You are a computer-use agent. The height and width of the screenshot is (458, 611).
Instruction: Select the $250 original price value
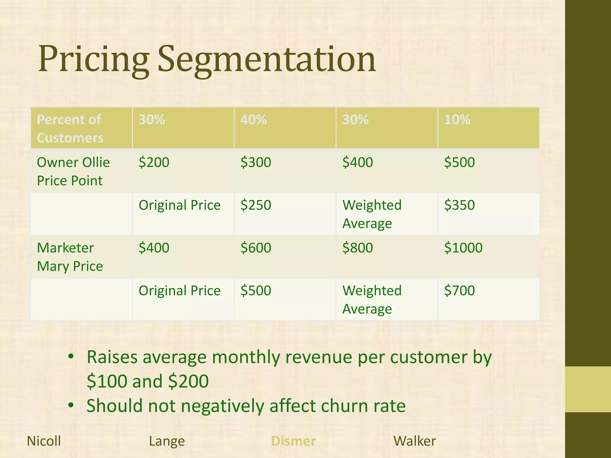click(256, 205)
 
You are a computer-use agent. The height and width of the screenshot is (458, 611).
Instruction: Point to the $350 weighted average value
click(459, 205)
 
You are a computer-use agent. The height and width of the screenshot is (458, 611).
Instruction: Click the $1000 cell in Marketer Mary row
click(463, 248)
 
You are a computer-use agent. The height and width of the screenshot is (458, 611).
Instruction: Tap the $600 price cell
click(256, 248)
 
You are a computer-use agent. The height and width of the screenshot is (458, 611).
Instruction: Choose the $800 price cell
click(357, 248)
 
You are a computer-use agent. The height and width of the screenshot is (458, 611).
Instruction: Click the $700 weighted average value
click(459, 290)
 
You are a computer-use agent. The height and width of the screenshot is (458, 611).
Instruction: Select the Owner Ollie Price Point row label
click(73, 171)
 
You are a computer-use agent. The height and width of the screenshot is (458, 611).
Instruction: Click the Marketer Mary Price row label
click(70, 257)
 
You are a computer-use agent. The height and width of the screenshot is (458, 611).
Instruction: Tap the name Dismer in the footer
click(293, 441)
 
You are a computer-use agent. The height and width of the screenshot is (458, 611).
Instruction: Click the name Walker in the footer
click(415, 441)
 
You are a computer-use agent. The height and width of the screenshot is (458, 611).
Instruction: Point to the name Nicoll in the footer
click(44, 441)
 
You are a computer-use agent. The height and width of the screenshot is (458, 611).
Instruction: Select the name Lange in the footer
click(167, 441)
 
